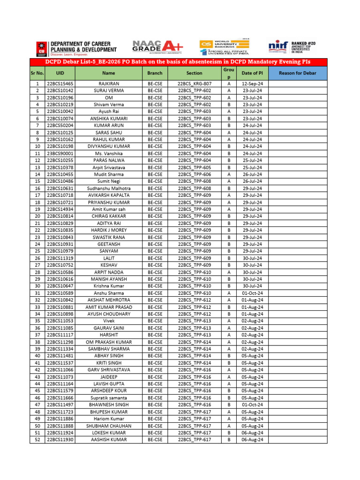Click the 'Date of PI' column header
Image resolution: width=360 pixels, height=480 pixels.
click(252, 73)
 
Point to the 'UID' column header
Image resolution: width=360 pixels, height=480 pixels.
click(60, 73)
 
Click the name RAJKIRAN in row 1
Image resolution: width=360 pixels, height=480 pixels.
click(109, 83)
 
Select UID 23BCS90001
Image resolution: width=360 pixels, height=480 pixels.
click(60, 153)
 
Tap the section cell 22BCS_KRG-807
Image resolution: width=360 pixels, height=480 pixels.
click(194, 83)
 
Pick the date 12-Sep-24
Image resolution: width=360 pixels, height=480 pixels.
click(252, 83)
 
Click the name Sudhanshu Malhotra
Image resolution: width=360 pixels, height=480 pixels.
click(109, 188)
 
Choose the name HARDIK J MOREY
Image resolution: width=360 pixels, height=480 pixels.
click(109, 230)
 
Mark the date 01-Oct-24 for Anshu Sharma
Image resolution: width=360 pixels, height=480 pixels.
click(252, 293)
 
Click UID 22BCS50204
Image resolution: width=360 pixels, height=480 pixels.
click(60, 126)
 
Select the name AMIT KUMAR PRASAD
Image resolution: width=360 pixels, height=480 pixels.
click(109, 307)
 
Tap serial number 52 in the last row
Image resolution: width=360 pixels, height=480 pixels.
click(37, 440)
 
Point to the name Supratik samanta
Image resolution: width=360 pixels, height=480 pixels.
click(109, 398)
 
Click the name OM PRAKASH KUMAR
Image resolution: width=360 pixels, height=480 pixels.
click(109, 342)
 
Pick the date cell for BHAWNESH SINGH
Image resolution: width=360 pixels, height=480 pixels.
click(252, 405)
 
